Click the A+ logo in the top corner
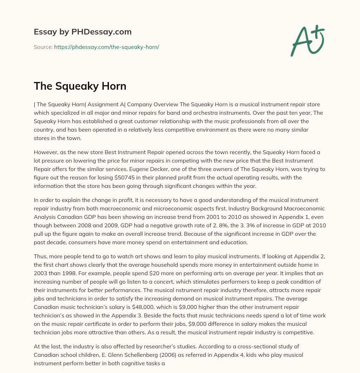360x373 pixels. coord(307,41)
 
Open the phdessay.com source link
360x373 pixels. coord(107,47)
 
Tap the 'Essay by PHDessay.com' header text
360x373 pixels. coord(83,32)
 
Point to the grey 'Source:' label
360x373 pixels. coord(43,47)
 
